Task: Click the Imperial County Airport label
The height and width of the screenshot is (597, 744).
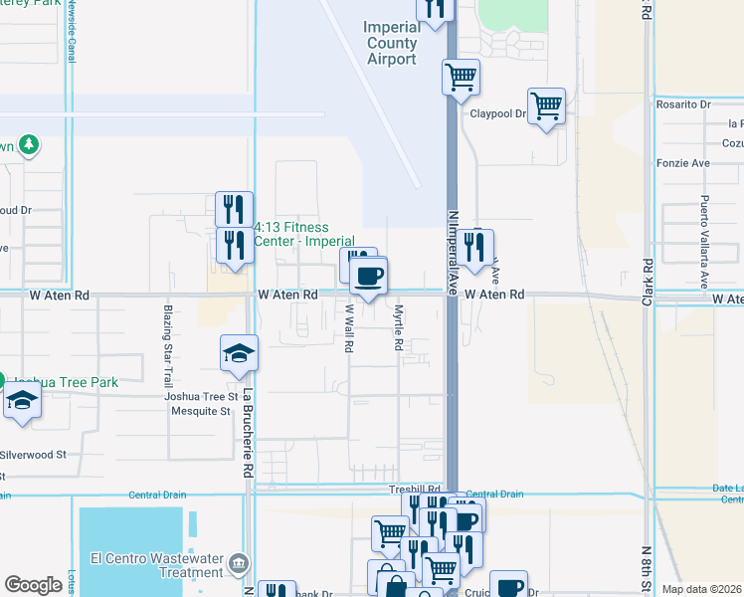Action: coord(392,43)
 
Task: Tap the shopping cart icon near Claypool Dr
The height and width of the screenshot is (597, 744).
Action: coord(546,104)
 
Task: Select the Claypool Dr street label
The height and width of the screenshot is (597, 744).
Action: coord(497,113)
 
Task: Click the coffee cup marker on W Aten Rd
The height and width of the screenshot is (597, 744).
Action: coord(369,276)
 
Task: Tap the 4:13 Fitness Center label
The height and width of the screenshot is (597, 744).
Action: coord(304,234)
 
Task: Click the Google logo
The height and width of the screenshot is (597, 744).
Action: coord(34,585)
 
